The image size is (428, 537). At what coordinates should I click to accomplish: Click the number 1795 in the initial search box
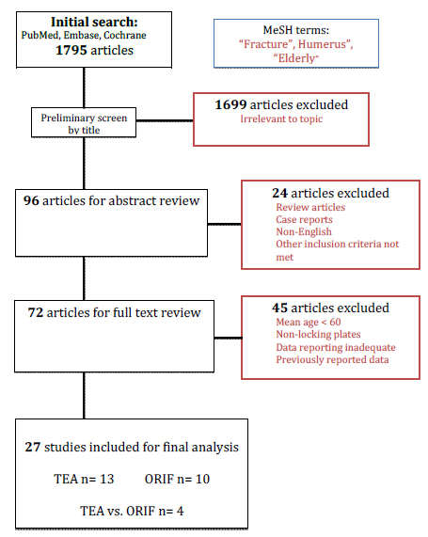[x=71, y=51]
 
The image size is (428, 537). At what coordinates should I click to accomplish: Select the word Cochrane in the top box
[x=125, y=36]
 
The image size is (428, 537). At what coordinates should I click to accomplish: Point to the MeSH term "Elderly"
[x=295, y=58]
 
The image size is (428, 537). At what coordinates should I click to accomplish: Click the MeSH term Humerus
[x=325, y=44]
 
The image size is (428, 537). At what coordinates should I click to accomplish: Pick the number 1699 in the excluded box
[x=230, y=104]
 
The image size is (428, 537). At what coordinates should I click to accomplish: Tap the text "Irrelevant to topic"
[x=281, y=118]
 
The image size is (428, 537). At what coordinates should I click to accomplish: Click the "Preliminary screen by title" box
[x=84, y=122]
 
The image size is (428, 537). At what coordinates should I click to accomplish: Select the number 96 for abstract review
[x=31, y=200]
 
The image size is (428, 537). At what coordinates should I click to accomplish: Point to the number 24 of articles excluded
[x=279, y=193]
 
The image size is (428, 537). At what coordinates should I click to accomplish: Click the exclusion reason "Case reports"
[x=304, y=219]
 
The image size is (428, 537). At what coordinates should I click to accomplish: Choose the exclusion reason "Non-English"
[x=304, y=232]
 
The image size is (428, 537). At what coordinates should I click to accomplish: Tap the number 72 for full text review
[x=36, y=312]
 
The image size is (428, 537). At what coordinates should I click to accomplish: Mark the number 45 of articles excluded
[x=279, y=308]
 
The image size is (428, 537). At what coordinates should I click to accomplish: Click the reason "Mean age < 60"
[x=309, y=322]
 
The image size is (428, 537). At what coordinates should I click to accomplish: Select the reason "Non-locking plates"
[x=318, y=334]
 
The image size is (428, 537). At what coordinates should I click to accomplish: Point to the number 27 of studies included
[x=33, y=448]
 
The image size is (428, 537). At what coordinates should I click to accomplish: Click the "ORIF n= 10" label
[x=177, y=479]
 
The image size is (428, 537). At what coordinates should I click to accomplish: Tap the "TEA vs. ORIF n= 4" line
[x=132, y=511]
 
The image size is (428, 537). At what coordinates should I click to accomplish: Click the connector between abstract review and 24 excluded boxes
[x=225, y=225]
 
